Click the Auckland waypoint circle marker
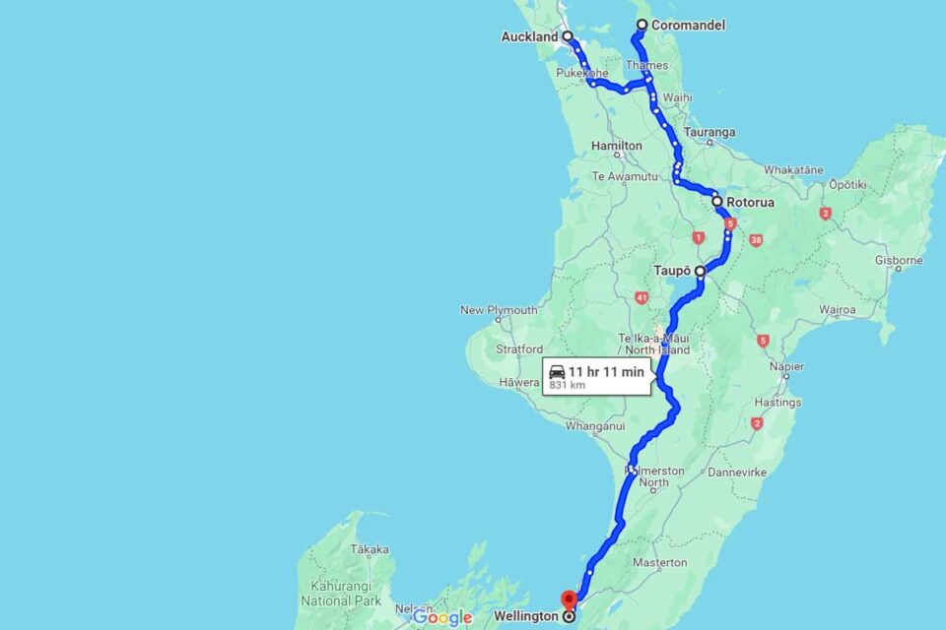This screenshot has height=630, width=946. (x=568, y=36)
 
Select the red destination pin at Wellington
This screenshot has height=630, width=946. (x=569, y=599)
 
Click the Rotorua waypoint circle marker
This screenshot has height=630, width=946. (x=717, y=202)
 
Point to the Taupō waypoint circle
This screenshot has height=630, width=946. (x=700, y=270)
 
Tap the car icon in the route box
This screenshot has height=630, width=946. (x=557, y=371)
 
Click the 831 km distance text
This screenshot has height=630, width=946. (x=568, y=385)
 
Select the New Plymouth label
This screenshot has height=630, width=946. (x=499, y=310)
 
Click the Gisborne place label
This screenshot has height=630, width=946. (x=899, y=261)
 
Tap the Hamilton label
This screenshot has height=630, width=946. (x=617, y=146)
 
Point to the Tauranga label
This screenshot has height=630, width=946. (x=709, y=132)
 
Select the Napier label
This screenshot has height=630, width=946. (x=786, y=366)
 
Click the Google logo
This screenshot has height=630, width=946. (x=442, y=617)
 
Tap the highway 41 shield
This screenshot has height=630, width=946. (x=642, y=297)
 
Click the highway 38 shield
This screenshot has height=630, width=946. (x=756, y=240)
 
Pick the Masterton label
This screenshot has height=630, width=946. (x=659, y=563)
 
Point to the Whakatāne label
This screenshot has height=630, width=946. (x=793, y=169)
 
